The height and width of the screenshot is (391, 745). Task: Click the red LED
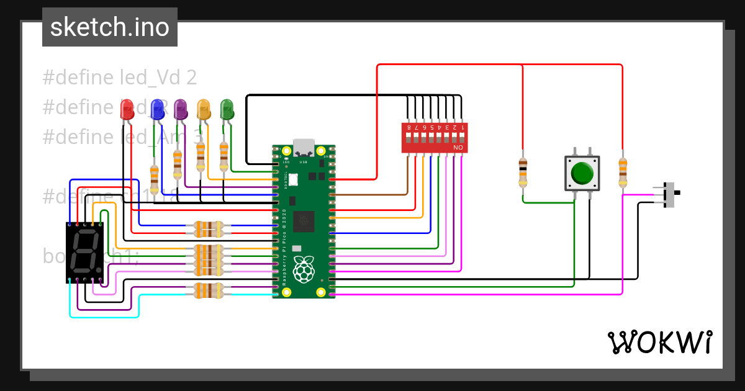coord(127,109)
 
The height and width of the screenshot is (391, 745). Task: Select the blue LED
coord(157,109)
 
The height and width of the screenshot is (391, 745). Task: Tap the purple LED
coord(181,109)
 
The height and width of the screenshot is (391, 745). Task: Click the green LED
coord(227,109)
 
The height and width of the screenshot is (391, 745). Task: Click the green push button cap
coord(582,173)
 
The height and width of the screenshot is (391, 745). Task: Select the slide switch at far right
coord(669,194)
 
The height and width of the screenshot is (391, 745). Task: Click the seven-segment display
coord(84,253)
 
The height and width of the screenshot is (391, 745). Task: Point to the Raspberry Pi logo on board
coord(304,271)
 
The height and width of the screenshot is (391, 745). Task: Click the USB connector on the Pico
coord(304,146)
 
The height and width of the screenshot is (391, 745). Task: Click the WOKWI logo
coord(659,342)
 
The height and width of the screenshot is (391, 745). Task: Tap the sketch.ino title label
coord(110,27)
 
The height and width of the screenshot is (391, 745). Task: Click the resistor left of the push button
coord(523,171)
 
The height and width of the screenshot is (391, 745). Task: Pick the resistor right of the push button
coord(623,171)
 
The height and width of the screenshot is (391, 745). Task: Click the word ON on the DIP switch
coord(458,148)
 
